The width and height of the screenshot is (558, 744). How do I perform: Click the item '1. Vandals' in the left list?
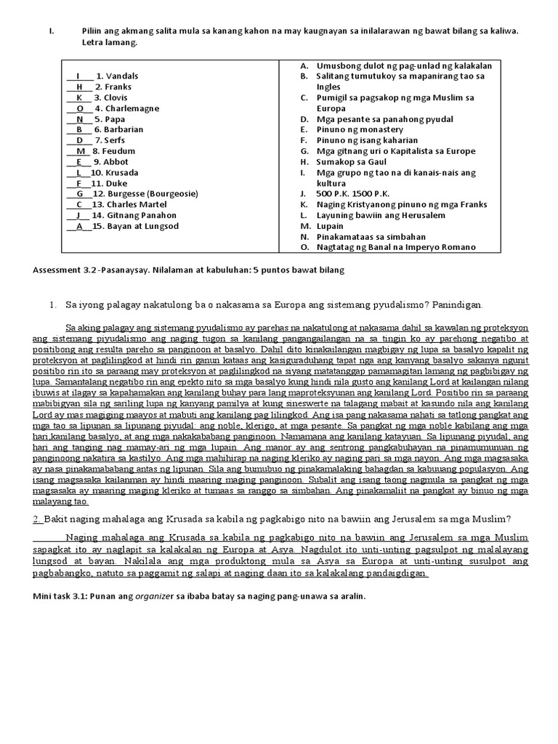pos(116,76)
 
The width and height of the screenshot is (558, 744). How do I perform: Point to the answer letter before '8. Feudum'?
pos(81,151)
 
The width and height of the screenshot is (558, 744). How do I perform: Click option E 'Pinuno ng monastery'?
pos(359,129)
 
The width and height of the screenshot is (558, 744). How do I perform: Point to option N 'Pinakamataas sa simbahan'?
pos(370,237)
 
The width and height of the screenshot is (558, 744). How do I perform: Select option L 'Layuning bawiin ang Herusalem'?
pos(381,216)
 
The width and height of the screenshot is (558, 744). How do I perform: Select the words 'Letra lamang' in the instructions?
pos(109,43)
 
